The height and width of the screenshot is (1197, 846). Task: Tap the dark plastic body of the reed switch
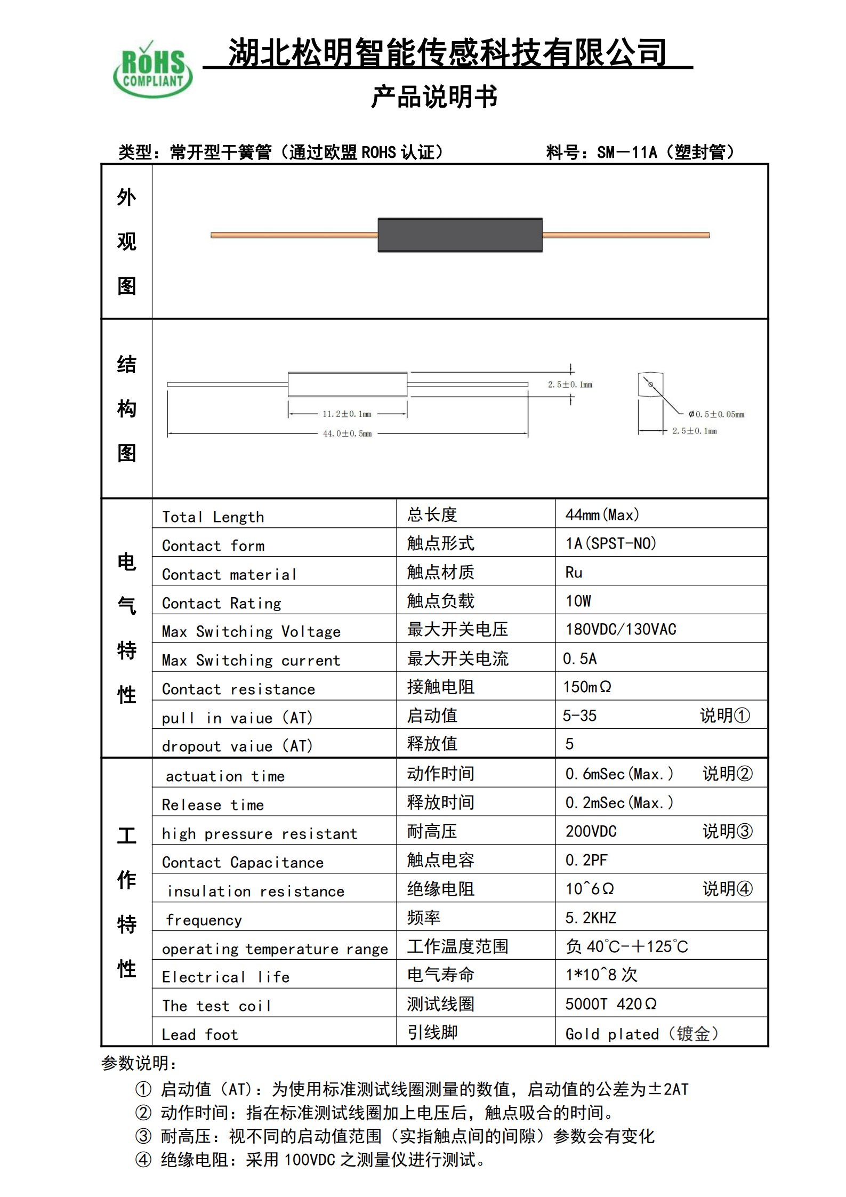460,235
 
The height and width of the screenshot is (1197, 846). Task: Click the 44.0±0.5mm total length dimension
347,433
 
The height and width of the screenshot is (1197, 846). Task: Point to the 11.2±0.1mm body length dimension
347,414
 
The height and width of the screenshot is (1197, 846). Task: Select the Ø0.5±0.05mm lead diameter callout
716,414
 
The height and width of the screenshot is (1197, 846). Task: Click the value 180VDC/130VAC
621,630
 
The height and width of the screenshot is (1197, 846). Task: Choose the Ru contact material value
574,573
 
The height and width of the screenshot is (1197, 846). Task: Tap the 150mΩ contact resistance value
587,687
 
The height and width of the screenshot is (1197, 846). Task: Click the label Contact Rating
221,603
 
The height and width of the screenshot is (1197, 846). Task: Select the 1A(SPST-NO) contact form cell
610,543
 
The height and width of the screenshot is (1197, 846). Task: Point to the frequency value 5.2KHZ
591,918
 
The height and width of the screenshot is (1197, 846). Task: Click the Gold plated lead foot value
641,1034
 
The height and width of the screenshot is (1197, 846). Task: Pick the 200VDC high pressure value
591,831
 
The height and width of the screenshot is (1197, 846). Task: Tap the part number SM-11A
626,152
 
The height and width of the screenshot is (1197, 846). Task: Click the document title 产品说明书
434,97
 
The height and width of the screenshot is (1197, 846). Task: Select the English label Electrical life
225,977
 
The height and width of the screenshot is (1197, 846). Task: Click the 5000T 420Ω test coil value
610,1004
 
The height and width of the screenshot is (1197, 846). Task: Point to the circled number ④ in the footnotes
143,1160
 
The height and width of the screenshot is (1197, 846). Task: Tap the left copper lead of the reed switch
294,235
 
